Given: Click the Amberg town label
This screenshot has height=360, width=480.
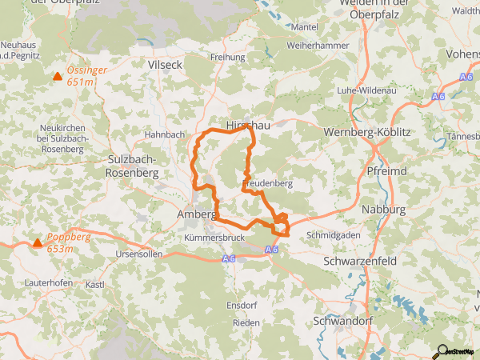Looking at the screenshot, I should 195,215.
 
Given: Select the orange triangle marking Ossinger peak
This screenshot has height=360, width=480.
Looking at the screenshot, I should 57,77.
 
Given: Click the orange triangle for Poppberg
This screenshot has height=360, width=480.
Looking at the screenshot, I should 37,243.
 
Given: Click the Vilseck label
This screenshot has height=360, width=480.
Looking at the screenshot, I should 166,63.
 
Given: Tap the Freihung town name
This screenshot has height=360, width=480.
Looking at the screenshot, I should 227,58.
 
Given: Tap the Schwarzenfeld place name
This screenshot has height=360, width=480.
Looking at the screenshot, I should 362,262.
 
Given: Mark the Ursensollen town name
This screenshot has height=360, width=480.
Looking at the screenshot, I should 139,254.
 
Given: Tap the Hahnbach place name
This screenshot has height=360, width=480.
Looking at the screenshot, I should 164,134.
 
